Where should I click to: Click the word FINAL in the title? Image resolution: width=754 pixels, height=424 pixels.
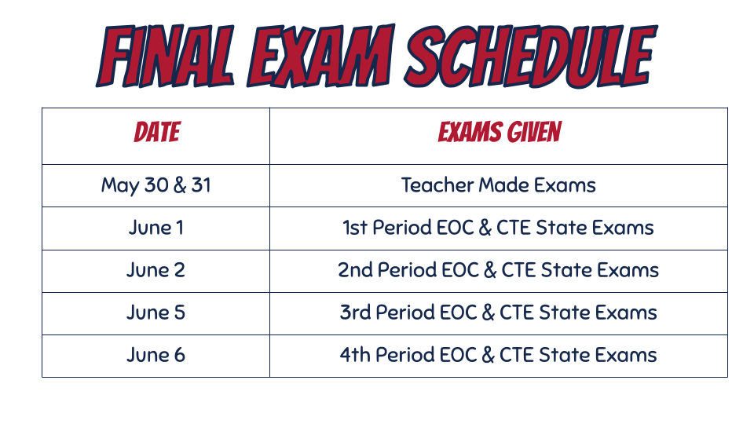pyautogui.click(x=166, y=57)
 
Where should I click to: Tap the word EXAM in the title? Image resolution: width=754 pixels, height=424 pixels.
pyautogui.click(x=320, y=57)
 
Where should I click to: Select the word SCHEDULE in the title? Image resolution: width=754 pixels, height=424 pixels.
pyautogui.click(x=531, y=57)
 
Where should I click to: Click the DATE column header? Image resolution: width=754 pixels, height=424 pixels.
pyautogui.click(x=157, y=132)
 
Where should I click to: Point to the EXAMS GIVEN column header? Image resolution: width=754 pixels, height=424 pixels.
pyautogui.click(x=500, y=132)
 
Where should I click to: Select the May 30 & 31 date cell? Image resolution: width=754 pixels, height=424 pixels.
pyautogui.click(x=156, y=185)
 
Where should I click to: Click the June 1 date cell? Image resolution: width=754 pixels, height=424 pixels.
pyautogui.click(x=156, y=228)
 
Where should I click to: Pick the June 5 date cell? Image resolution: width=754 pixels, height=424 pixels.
pyautogui.click(x=156, y=313)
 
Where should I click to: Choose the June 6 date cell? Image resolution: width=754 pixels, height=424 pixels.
pyautogui.click(x=156, y=355)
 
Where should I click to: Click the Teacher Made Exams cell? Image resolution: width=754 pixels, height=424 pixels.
pyautogui.click(x=499, y=185)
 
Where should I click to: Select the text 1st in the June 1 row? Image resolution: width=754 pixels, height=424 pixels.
pyautogui.click(x=355, y=228)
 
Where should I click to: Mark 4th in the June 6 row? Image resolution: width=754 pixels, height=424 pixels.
pyautogui.click(x=355, y=355)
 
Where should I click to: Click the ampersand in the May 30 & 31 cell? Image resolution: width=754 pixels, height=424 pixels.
pyautogui.click(x=179, y=185)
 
